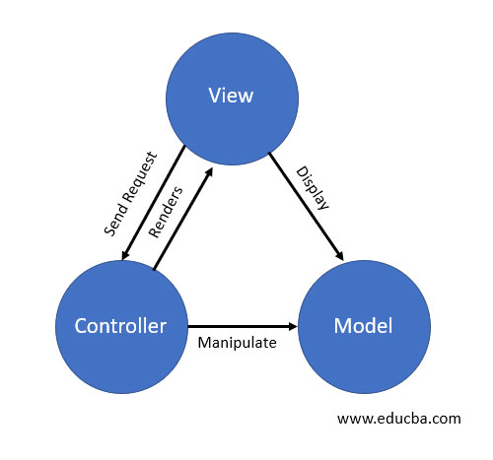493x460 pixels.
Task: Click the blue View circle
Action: (x=231, y=96)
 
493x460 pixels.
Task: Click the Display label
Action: (x=313, y=189)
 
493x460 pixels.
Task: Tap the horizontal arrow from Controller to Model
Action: (x=242, y=325)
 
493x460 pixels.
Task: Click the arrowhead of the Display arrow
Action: (x=339, y=256)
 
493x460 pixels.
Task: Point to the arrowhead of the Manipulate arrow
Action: (x=293, y=325)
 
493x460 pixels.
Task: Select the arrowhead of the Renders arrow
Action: (x=210, y=170)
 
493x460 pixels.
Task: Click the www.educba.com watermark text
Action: (x=399, y=418)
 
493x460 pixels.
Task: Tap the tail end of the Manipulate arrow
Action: (x=189, y=325)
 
